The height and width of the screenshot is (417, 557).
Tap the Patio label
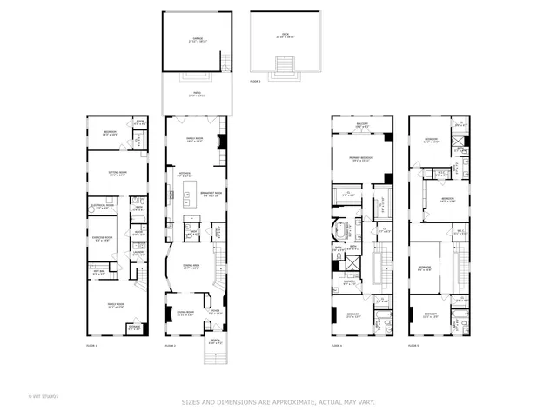(196, 96)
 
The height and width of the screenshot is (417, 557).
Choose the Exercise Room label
(104, 238)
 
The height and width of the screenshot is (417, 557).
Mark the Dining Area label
(192, 268)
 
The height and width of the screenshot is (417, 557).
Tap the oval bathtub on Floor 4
(340, 231)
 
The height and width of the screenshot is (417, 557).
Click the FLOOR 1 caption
(91, 347)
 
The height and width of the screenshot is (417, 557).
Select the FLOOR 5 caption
(414, 347)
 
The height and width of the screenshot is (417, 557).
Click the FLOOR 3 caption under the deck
(255, 79)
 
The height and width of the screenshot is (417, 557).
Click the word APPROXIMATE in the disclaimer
(299, 401)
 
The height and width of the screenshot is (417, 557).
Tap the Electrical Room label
(101, 208)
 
